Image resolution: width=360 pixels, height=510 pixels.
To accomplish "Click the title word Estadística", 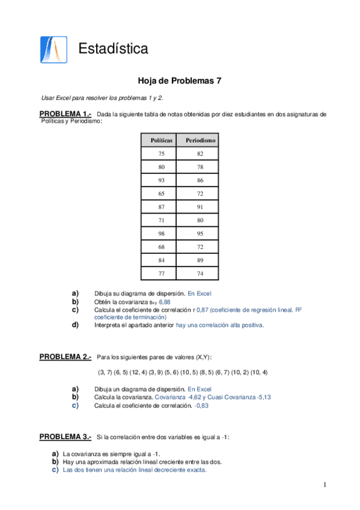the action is point(113,48).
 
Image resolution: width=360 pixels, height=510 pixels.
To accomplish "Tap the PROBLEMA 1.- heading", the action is point(65,114).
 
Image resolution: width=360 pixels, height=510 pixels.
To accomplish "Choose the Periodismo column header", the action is point(200,140).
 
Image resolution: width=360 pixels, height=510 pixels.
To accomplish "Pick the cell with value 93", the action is point(161,180).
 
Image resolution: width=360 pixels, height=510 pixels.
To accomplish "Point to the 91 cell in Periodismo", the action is point(200,206).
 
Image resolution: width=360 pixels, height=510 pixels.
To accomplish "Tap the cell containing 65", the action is point(161,193).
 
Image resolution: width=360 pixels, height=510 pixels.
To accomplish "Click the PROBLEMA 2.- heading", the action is point(65,357).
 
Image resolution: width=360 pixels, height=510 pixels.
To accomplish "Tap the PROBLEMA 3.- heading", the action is point(65,436).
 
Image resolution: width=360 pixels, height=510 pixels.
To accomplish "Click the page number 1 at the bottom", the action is point(324,485).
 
